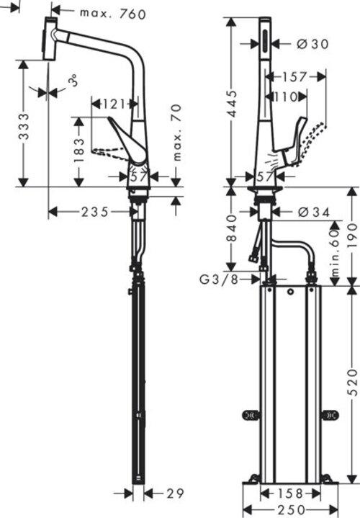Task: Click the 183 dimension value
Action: click(x=80, y=146)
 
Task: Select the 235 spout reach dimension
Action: click(x=94, y=211)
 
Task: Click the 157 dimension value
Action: click(x=294, y=76)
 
